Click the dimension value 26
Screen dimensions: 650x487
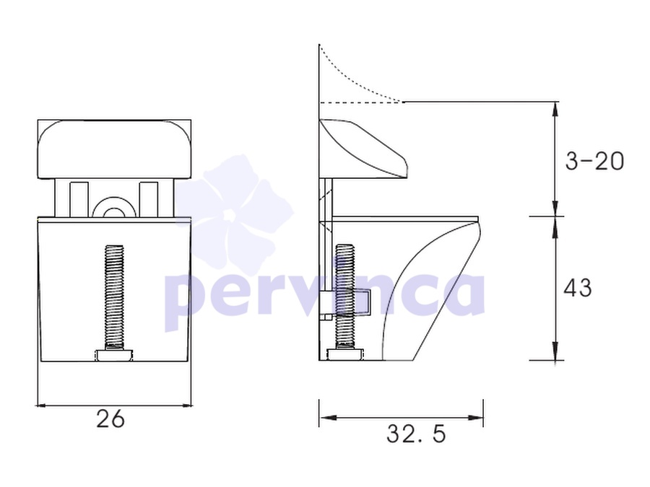click(110, 418)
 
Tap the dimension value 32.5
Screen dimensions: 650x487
click(416, 434)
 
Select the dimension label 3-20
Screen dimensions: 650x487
click(594, 161)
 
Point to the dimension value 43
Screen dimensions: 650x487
click(578, 287)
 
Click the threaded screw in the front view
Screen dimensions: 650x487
click(114, 297)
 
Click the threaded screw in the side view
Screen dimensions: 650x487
click(345, 297)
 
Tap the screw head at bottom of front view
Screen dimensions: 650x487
click(115, 355)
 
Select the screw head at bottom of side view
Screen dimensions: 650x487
click(345, 355)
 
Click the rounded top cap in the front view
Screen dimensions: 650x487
click(114, 149)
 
